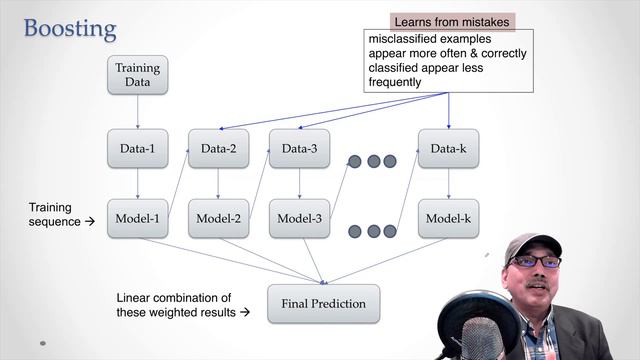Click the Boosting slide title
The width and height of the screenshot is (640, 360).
pyautogui.click(x=70, y=27)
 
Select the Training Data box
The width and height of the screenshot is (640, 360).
pyautogui.click(x=137, y=76)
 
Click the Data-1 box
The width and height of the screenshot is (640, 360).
pyautogui.click(x=137, y=150)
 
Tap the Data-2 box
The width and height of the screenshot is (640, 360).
pyautogui.click(x=218, y=150)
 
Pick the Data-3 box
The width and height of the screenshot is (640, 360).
pyautogui.click(x=299, y=150)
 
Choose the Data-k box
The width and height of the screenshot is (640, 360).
pyautogui.click(x=448, y=150)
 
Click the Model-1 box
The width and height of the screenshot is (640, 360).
pyautogui.click(x=137, y=218)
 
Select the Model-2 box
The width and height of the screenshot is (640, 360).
pyautogui.click(x=218, y=218)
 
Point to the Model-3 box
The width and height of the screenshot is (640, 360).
pyautogui.click(x=299, y=218)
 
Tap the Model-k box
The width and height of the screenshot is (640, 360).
pyautogui.click(x=448, y=218)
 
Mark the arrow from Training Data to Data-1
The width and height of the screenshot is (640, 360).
pyautogui.click(x=137, y=113)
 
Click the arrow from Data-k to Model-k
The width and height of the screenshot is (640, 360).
pyautogui.click(x=448, y=184)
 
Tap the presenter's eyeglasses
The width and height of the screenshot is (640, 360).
pyautogui.click(x=538, y=261)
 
